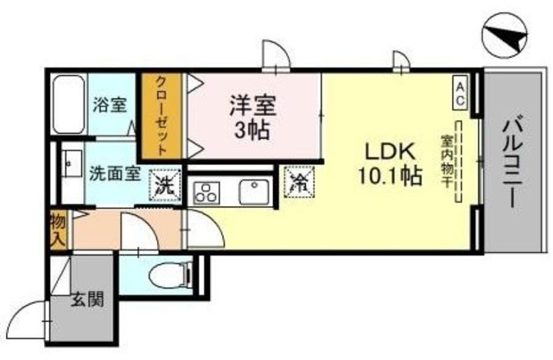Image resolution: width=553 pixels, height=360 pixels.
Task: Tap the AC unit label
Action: click(x=461, y=92)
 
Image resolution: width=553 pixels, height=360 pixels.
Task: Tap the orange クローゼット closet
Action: click(x=162, y=116)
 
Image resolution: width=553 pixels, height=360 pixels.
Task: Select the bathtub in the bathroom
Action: click(x=68, y=104)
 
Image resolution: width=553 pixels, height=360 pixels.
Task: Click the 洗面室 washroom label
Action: click(x=115, y=172)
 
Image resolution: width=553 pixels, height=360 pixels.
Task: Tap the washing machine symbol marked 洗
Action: click(x=164, y=184)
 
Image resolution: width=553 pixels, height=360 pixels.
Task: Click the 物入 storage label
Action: click(x=58, y=230)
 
